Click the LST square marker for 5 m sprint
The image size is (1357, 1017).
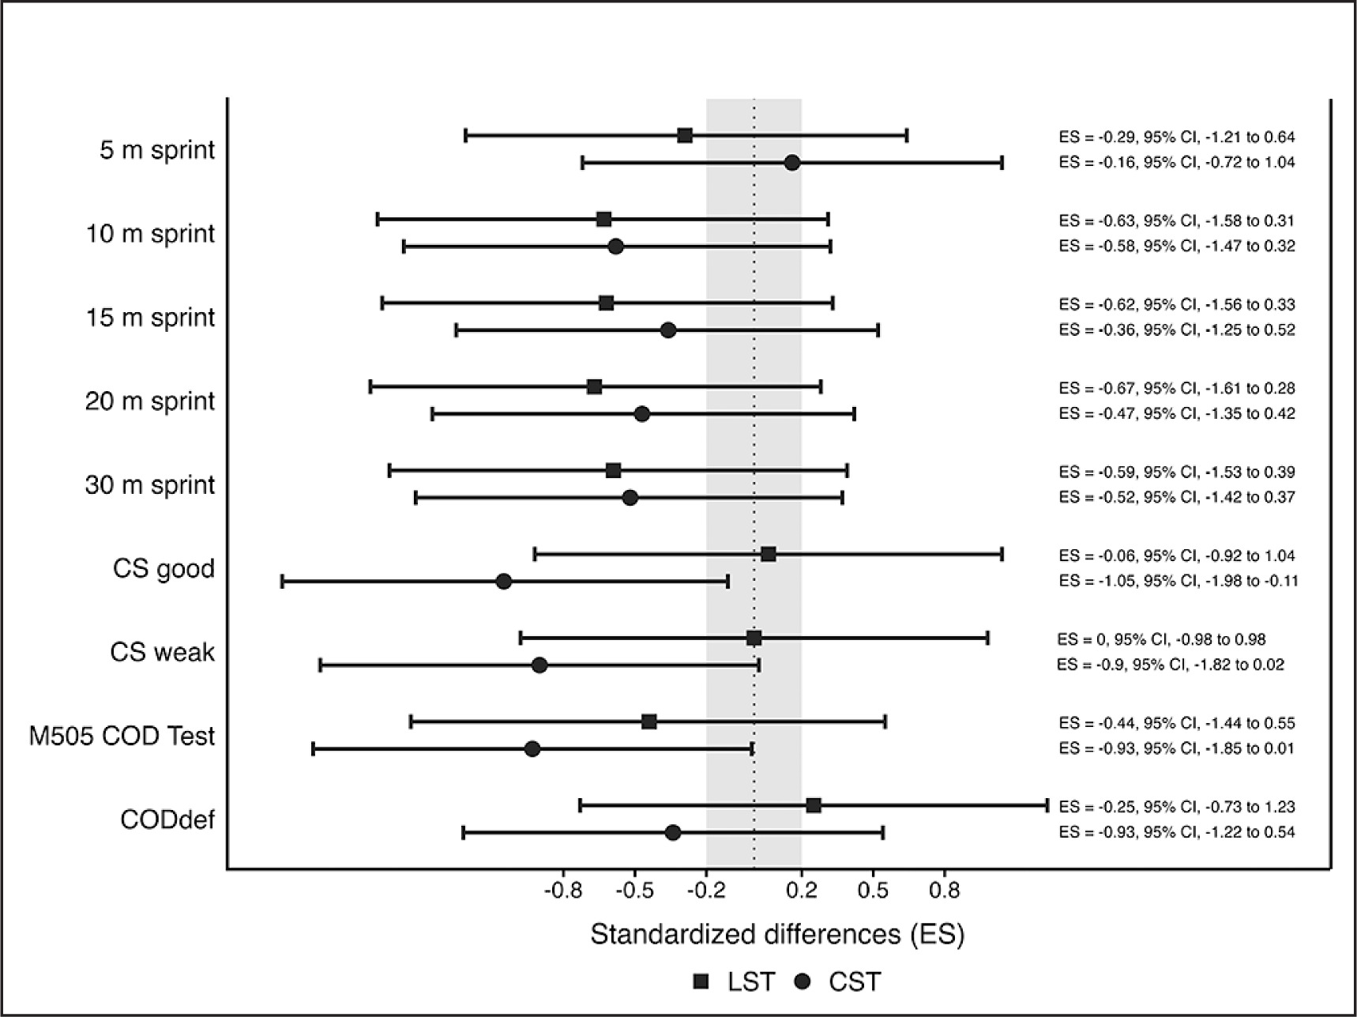click(685, 135)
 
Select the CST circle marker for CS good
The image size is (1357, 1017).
click(504, 582)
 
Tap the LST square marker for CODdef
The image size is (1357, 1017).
click(814, 805)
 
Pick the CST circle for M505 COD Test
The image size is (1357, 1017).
click(532, 748)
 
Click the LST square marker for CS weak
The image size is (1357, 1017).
click(754, 638)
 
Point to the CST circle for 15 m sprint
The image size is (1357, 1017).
click(668, 330)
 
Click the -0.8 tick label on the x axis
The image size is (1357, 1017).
click(563, 891)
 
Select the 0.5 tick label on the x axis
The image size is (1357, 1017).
click(873, 891)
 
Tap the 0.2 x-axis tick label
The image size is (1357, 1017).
click(802, 891)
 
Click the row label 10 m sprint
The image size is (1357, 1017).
click(150, 234)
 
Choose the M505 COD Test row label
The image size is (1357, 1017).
click(122, 736)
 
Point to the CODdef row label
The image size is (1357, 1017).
click(167, 820)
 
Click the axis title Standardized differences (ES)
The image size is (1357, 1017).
click(777, 935)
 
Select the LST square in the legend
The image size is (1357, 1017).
click(701, 981)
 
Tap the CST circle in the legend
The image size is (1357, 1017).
click(804, 981)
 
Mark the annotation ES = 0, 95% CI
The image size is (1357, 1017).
click(1161, 639)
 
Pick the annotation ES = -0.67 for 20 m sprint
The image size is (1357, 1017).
click(1177, 388)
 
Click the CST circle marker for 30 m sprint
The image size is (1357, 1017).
click(630, 498)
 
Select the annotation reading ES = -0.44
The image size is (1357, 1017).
click(1177, 723)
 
